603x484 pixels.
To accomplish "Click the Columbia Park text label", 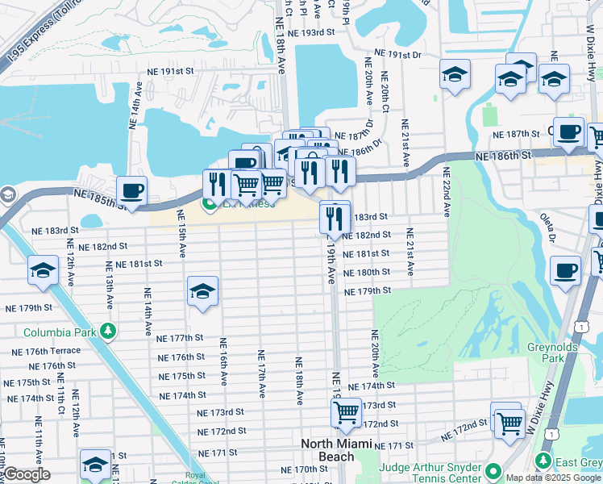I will pos(60,332).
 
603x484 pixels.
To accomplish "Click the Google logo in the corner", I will pos(27,475).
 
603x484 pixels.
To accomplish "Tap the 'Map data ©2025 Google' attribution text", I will pos(553,478).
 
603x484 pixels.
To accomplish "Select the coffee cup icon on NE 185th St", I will pos(131,191).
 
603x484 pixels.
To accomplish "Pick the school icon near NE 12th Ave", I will pos(43,271).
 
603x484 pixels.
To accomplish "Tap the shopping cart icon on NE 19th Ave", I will pos(346,412).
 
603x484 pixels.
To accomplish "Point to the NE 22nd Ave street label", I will pos(445,191).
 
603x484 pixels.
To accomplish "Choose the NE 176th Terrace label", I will pos(46,351).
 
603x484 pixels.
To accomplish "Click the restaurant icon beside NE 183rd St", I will pos(334,217).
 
